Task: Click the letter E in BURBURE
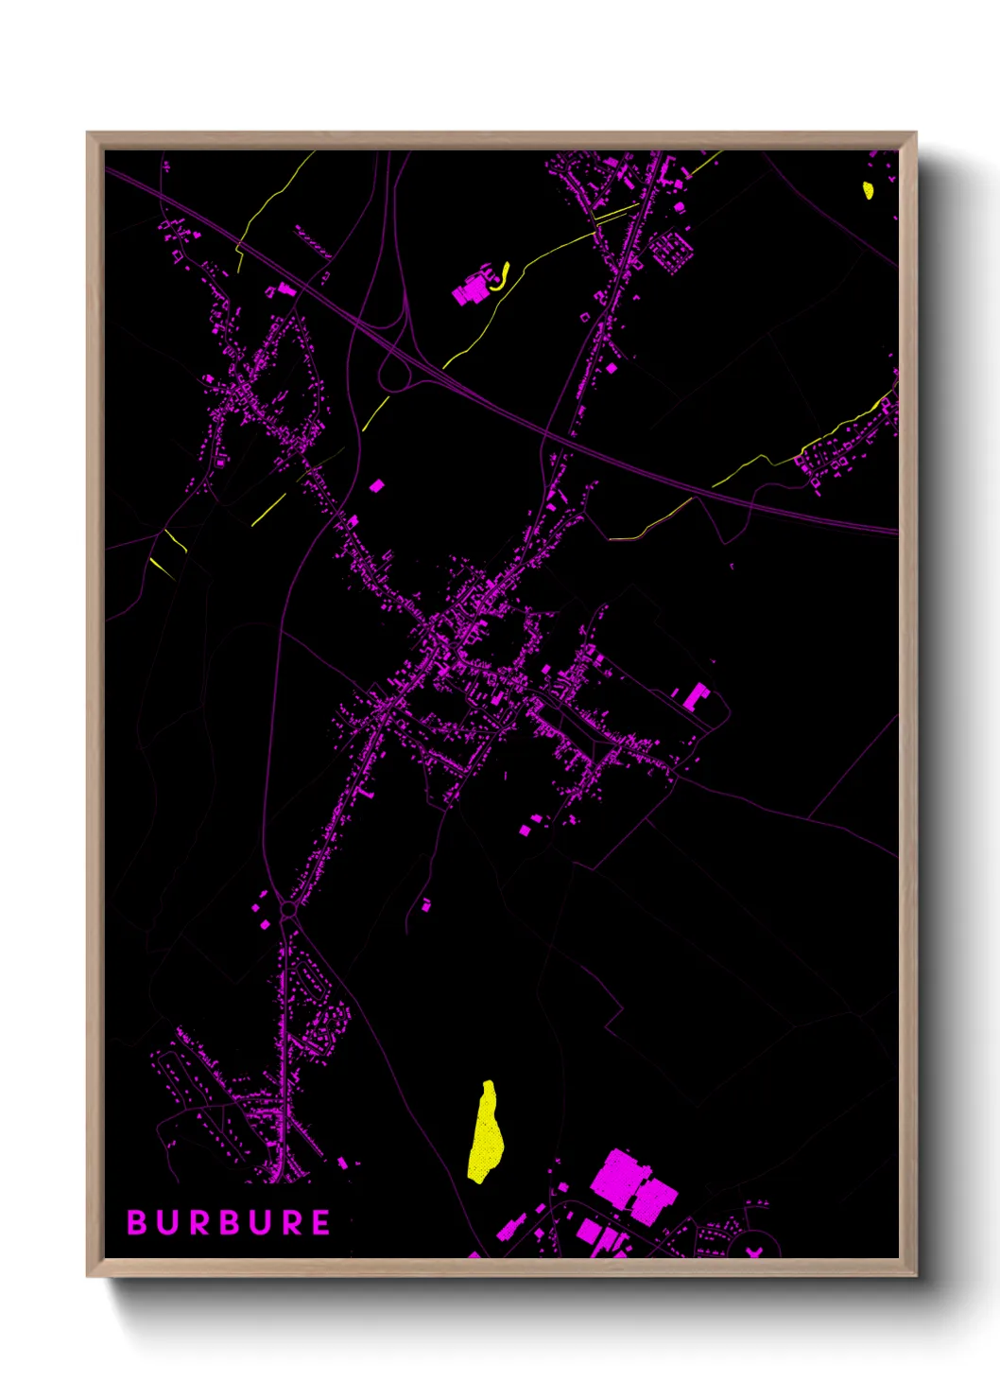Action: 320,1222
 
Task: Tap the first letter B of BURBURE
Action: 137,1222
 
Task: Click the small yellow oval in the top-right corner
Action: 868,190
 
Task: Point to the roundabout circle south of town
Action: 287,909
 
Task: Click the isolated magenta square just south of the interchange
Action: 376,486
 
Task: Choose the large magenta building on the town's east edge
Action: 696,696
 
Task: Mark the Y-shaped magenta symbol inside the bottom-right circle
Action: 753,1251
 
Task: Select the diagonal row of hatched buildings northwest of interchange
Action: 312,241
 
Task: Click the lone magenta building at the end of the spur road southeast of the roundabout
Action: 425,905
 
